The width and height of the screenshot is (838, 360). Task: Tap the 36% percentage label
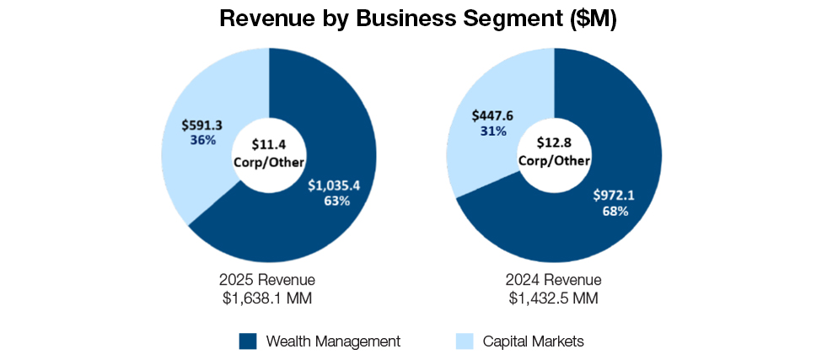(202, 140)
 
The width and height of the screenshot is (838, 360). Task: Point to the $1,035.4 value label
(334, 185)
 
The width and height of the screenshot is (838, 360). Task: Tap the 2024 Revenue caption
(554, 280)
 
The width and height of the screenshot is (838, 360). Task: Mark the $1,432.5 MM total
(554, 297)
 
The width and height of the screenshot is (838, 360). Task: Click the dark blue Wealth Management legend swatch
(247, 341)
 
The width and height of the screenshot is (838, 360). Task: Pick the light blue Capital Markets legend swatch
(464, 341)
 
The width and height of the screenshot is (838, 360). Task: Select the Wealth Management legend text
(333, 341)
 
